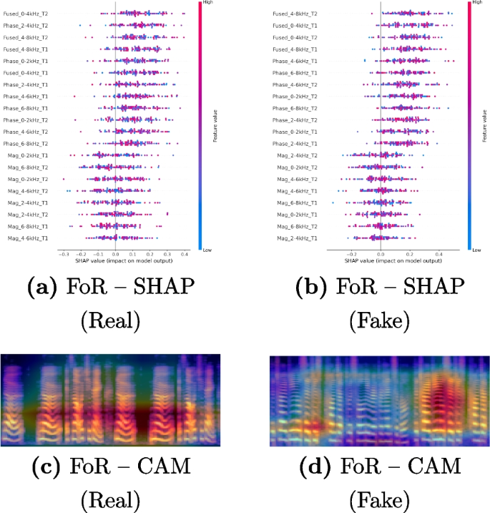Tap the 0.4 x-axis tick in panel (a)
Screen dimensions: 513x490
coord(184,253)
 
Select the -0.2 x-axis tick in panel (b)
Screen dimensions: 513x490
coord(351,253)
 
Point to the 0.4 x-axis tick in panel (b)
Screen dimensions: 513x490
coord(439,253)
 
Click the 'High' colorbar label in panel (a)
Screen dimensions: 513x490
coord(204,4)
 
